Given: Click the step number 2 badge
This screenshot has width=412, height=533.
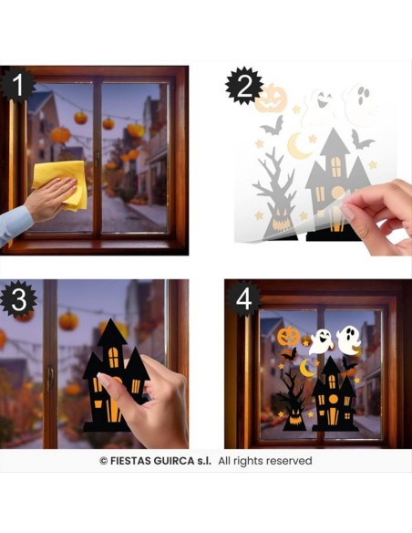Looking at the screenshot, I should click(242, 85).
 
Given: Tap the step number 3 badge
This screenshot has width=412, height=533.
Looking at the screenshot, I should click(18, 298).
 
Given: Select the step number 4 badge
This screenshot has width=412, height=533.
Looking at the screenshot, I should click(243, 298).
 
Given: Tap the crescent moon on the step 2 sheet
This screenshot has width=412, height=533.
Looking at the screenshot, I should click(299, 145).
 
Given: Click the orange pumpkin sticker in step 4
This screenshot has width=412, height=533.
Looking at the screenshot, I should click(288, 337).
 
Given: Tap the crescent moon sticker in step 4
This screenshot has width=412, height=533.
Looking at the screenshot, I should click(308, 367).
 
